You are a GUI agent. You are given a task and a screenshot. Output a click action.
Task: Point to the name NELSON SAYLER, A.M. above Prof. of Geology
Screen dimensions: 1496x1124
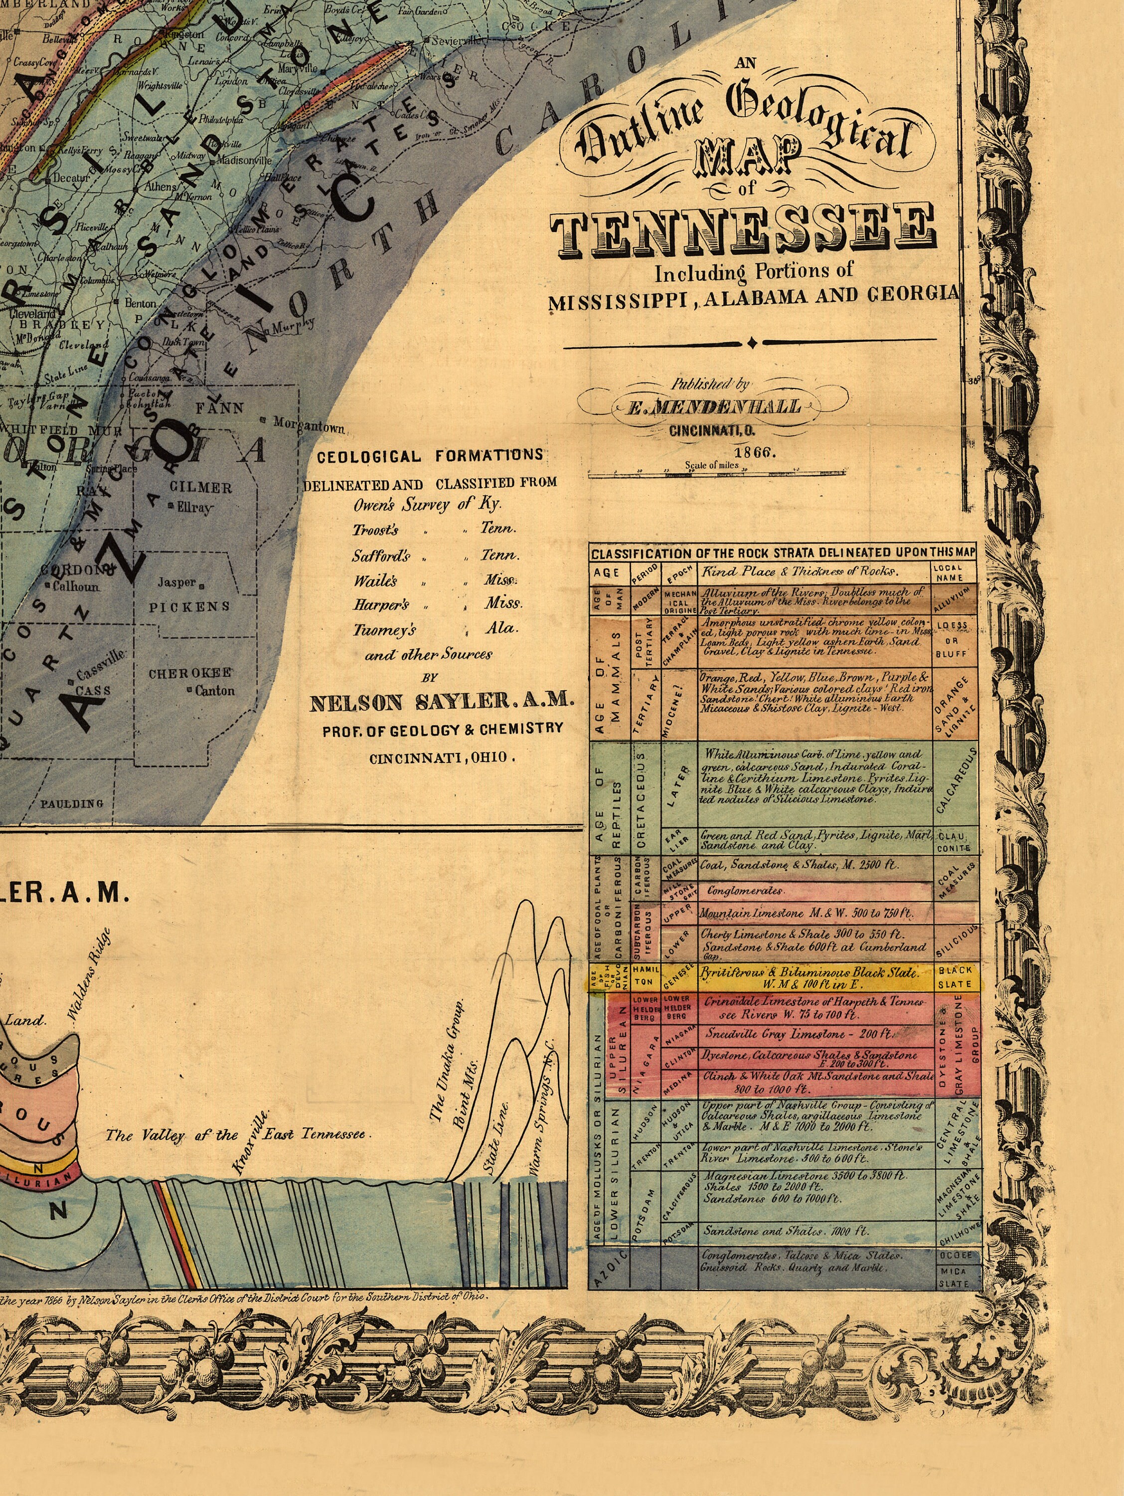click(441, 703)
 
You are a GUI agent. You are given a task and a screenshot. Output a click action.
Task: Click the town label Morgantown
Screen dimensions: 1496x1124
click(309, 425)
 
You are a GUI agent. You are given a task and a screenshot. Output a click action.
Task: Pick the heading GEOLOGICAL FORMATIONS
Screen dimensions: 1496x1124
click(430, 456)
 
